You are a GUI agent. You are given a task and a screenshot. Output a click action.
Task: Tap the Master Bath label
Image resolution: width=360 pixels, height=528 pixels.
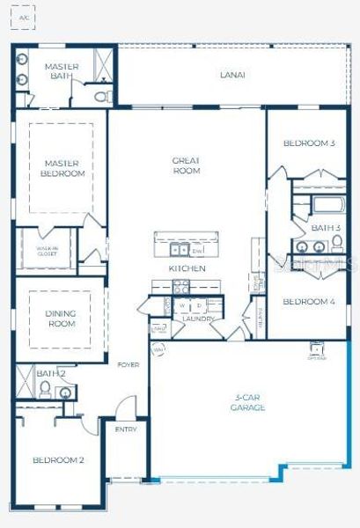pos(62,71)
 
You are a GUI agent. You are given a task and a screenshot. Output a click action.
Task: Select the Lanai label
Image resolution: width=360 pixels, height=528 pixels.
pos(231,75)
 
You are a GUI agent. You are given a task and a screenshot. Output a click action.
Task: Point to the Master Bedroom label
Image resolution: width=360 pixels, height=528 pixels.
pos(62,167)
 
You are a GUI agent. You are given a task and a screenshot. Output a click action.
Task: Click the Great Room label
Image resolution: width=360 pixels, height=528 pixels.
pos(187,165)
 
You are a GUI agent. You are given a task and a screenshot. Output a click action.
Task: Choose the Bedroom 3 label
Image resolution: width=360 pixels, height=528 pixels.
pos(308,143)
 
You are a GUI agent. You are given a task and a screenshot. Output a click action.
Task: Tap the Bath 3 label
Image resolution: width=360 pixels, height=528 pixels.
pos(325,228)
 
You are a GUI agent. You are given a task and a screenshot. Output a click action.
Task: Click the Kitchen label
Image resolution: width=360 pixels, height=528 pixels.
pos(187,268)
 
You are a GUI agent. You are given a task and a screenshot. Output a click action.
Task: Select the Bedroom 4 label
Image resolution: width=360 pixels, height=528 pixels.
pos(308,302)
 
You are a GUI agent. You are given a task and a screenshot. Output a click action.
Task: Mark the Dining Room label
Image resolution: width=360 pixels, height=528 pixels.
pos(61,319)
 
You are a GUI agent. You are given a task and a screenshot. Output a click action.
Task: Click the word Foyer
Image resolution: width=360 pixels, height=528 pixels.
pos(129,364)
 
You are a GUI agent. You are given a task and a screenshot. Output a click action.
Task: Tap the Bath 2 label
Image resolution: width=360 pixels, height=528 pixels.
pos(50,373)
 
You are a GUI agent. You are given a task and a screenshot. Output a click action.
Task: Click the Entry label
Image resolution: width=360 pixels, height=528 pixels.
pos(126,430)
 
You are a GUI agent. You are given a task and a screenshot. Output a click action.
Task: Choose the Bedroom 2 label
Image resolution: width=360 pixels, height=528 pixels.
pos(58,460)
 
